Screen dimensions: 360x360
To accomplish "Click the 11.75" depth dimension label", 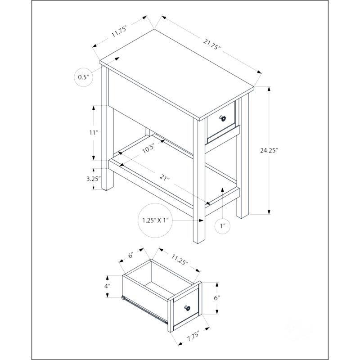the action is tap(119, 32).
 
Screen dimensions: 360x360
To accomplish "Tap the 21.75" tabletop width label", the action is tap(211, 44).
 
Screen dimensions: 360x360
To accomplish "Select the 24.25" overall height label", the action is tap(269, 150).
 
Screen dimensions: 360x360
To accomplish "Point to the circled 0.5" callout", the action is tap(84, 77).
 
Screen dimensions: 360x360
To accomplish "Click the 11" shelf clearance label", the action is tap(94, 132).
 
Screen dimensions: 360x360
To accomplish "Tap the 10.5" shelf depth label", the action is tap(148, 148).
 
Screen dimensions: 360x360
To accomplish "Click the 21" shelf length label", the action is tap(164, 178).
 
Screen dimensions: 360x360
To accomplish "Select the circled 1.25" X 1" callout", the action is tap(155, 220).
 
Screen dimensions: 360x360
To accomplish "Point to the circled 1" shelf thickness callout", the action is tap(222, 226).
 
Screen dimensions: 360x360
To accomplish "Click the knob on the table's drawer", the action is tap(222, 118).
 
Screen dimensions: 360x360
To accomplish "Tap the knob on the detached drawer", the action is tap(187, 308).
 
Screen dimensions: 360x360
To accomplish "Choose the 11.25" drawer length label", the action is tap(180, 260).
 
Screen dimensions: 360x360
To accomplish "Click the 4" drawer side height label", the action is tap(107, 286).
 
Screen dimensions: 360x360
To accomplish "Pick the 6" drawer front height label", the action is tap(217, 298).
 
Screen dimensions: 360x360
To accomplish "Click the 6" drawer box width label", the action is tap(131, 255).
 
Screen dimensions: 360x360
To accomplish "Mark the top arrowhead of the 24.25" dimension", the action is tap(269, 89).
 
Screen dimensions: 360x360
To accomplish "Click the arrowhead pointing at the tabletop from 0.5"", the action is tap(117, 59).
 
